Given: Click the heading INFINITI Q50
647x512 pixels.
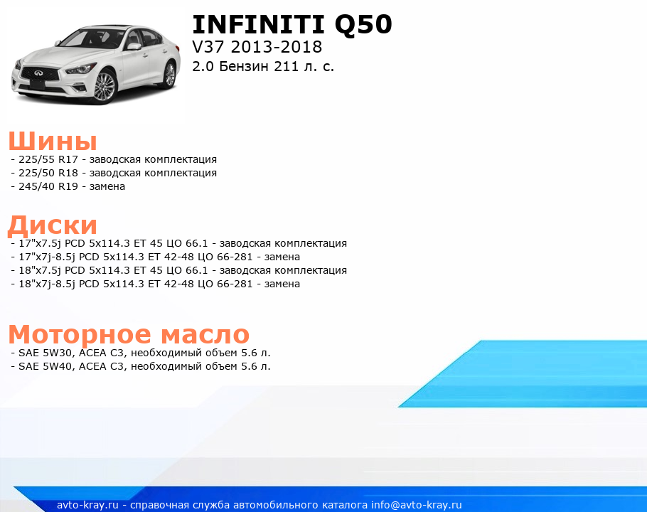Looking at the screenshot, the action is coord(292,25).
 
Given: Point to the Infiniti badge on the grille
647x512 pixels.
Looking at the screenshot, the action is coord(38,73).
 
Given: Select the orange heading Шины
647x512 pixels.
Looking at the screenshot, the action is coord(53,141).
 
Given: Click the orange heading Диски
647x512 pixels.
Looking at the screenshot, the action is coord(53,225).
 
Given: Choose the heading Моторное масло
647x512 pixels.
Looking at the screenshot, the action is coord(129,334).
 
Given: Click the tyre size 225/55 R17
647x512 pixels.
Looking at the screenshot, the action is coord(48,159).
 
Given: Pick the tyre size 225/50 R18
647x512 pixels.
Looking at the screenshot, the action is coord(48,173).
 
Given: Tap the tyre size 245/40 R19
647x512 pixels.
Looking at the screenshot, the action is coord(48,186).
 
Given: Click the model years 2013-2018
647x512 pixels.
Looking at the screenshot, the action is coord(277,47).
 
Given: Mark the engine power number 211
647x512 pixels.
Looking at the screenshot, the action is coord(286,66).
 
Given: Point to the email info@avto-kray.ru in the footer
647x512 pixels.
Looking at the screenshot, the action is coord(417,505).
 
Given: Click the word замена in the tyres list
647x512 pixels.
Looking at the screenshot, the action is coord(107,186).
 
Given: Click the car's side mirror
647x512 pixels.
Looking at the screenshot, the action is coord(134,46).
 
